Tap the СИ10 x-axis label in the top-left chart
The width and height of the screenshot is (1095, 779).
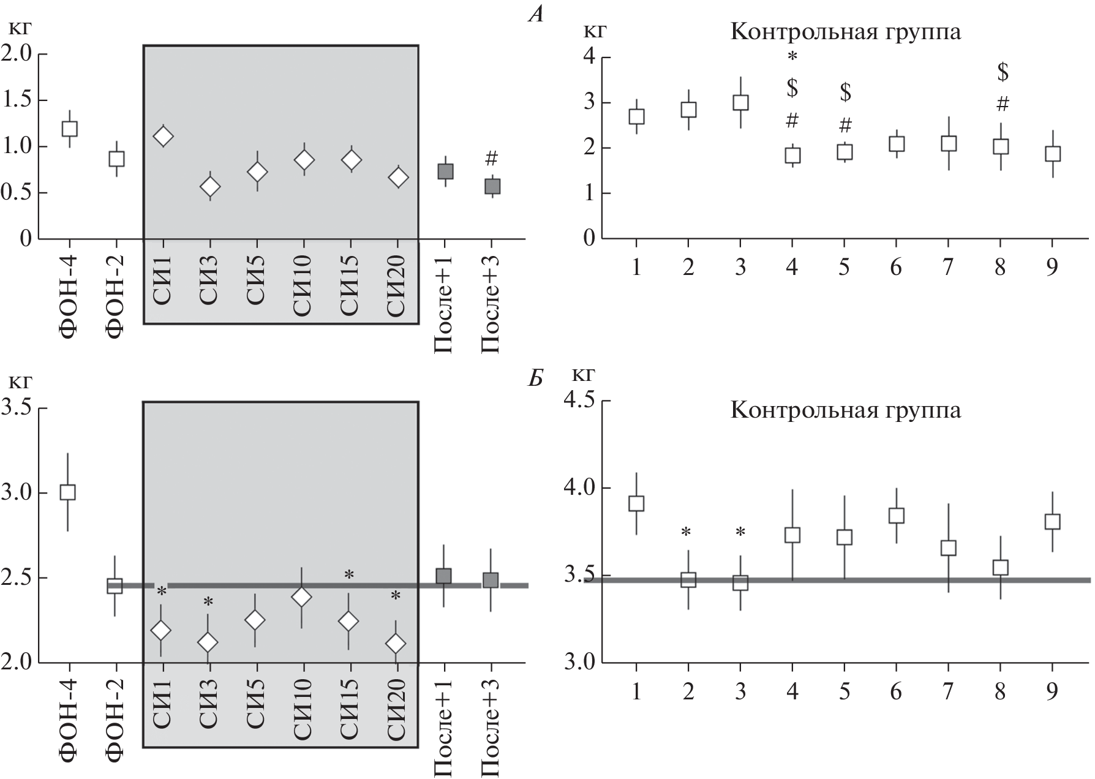click(x=303, y=286)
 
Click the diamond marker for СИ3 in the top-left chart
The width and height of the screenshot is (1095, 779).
click(x=210, y=186)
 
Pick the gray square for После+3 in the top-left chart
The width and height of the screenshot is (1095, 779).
click(x=491, y=186)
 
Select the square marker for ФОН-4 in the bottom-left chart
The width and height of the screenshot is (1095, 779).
click(x=67, y=492)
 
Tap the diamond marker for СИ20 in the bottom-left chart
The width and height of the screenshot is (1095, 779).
click(x=396, y=644)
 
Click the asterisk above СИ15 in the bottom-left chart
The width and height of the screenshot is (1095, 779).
click(x=349, y=575)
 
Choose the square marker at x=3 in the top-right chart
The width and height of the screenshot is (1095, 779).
click(x=741, y=102)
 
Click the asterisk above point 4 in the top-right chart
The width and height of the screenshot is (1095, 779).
click(x=792, y=58)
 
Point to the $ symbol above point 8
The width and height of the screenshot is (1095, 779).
click(x=1003, y=72)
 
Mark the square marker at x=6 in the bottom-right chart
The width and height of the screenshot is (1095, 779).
click(x=897, y=515)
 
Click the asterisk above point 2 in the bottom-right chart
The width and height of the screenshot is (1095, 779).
click(x=688, y=532)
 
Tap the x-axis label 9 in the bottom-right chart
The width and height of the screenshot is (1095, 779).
click(x=1052, y=692)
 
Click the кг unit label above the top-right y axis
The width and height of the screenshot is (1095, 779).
click(x=595, y=31)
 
